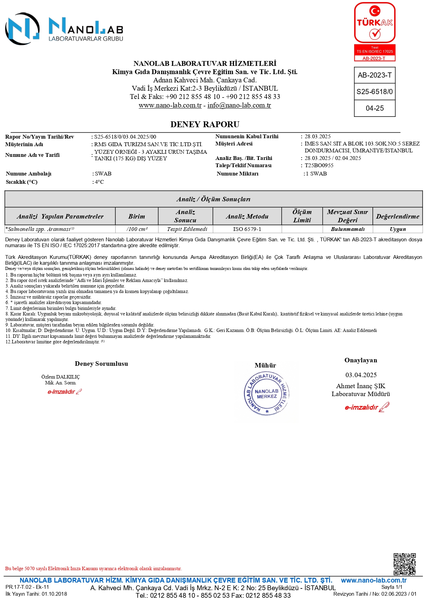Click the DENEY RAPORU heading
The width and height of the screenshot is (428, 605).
point(205,124)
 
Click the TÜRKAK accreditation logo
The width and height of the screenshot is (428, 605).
point(374,31)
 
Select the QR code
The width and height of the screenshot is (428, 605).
point(405,564)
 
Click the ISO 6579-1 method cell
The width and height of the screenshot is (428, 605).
point(247,229)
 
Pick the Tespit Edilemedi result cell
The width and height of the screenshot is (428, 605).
point(185,229)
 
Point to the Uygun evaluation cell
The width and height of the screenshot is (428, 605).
point(398,229)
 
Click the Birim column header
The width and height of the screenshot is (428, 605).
point(136,216)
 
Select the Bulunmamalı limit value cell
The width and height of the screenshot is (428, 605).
point(347,229)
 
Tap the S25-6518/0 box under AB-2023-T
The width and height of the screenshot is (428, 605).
point(374,92)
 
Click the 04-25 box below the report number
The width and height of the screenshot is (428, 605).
point(374,108)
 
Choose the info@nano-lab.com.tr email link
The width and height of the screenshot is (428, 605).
point(239,105)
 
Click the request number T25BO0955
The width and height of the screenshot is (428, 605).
point(319,165)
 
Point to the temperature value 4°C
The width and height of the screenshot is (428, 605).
point(99,182)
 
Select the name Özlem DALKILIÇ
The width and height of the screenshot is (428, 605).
point(60,377)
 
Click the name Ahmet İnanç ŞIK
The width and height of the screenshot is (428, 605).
point(361,386)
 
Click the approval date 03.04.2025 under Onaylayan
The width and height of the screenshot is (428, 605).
point(361,375)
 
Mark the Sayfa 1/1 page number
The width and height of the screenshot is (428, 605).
point(392,587)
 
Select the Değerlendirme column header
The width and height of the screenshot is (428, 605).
point(398,216)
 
